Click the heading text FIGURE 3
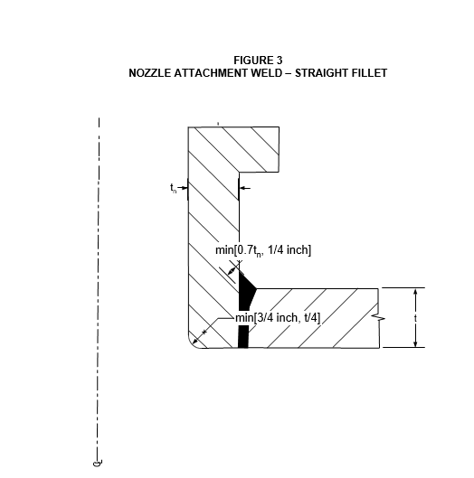[258, 61]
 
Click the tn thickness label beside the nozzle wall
[173, 188]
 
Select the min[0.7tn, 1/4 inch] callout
[263, 250]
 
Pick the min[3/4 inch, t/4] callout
[278, 318]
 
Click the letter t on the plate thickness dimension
[415, 318]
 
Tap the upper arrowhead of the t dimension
[415, 292]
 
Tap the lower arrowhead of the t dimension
[415, 343]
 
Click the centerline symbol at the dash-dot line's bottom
[98, 463]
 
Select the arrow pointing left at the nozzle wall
[245, 188]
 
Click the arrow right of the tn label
[183, 188]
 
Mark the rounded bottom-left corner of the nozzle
[193, 343]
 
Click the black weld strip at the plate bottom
[243, 336]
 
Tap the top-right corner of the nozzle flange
[279, 127]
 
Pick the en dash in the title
[289, 73]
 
